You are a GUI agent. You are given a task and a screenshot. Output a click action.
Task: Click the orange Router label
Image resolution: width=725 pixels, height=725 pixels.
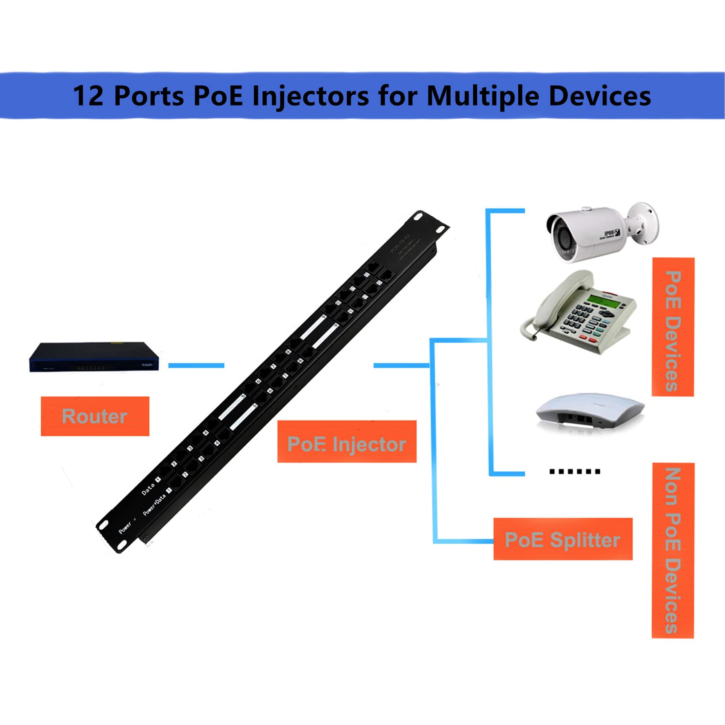pyautogui.click(x=95, y=416)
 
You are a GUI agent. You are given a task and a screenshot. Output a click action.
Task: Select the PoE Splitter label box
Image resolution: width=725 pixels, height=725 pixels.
pyautogui.click(x=563, y=539)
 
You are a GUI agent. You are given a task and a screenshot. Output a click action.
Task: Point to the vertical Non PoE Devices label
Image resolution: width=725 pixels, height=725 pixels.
pyautogui.click(x=673, y=550)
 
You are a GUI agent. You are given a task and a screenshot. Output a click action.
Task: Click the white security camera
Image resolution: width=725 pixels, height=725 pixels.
pyautogui.click(x=592, y=233)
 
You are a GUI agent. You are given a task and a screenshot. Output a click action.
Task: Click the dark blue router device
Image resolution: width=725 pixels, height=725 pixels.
pyautogui.click(x=94, y=357)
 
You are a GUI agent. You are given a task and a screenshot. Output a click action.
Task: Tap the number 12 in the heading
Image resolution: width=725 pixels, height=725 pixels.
pyautogui.click(x=88, y=96)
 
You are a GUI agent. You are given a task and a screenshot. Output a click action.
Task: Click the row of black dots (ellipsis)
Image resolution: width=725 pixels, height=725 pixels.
pyautogui.click(x=575, y=471)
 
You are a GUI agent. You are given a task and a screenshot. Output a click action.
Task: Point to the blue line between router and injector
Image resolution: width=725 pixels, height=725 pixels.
pyautogui.click(x=196, y=365)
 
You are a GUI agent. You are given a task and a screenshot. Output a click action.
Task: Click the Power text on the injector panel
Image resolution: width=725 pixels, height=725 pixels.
pyautogui.click(x=125, y=527)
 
